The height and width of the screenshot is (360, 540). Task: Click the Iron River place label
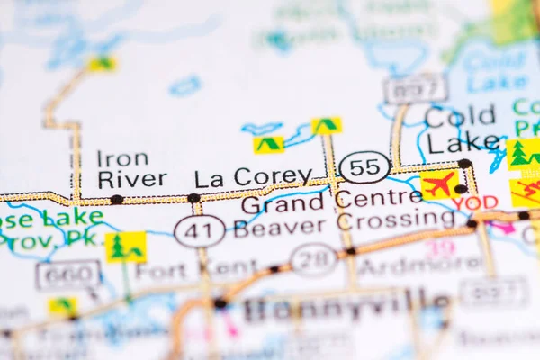point(130,169)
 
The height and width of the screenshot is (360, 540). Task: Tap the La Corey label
point(253,177)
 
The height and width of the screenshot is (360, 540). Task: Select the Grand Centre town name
point(330,201)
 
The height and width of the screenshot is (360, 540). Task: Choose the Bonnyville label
point(347,307)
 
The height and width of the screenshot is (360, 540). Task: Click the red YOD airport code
point(475,203)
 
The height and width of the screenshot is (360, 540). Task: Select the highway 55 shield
point(364,167)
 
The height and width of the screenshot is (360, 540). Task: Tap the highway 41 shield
point(200,231)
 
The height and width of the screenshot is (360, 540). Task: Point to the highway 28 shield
point(313,260)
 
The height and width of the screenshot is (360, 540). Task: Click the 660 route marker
point(68,274)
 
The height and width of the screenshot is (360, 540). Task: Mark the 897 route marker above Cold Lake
point(415,89)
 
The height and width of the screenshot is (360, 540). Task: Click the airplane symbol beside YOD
point(438,184)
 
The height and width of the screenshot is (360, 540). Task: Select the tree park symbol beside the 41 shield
point(126,247)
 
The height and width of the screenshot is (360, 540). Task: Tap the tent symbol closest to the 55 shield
point(326,125)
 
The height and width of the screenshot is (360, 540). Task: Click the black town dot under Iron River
point(116,199)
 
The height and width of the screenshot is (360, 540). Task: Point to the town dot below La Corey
point(193,198)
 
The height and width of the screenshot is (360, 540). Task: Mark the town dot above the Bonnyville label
point(220,303)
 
